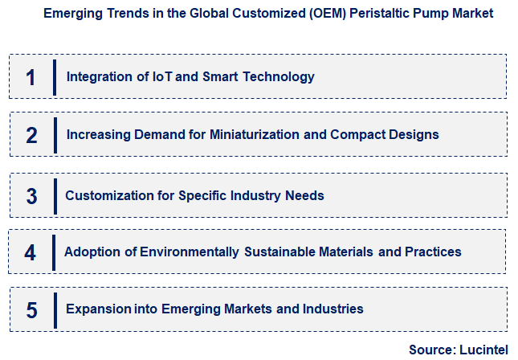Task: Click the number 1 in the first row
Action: coord(31,77)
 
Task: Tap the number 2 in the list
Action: coord(31,135)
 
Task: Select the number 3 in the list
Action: coord(31,195)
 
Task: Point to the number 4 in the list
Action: coord(31,252)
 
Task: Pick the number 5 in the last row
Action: coord(31,309)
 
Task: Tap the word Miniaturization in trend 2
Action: coord(255,134)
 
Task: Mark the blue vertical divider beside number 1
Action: coord(55,77)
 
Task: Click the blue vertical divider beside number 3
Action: coord(55,195)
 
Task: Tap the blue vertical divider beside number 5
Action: coord(55,309)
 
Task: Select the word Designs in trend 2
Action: coord(415,134)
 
